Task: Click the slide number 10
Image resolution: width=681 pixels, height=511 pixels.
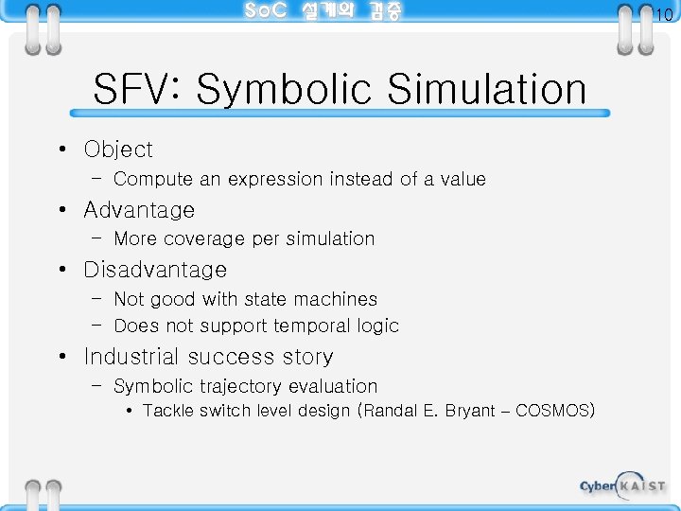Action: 663,13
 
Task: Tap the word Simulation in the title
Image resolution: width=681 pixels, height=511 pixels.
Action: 487,91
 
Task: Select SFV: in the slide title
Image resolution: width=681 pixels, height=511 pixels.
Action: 138,91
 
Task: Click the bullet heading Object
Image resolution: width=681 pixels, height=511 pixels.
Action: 118,150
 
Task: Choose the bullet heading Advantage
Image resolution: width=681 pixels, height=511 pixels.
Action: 139,210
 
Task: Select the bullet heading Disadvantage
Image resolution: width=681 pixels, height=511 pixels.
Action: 155,270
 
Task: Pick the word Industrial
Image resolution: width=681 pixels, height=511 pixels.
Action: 131,357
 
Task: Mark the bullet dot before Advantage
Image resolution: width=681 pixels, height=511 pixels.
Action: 61,210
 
